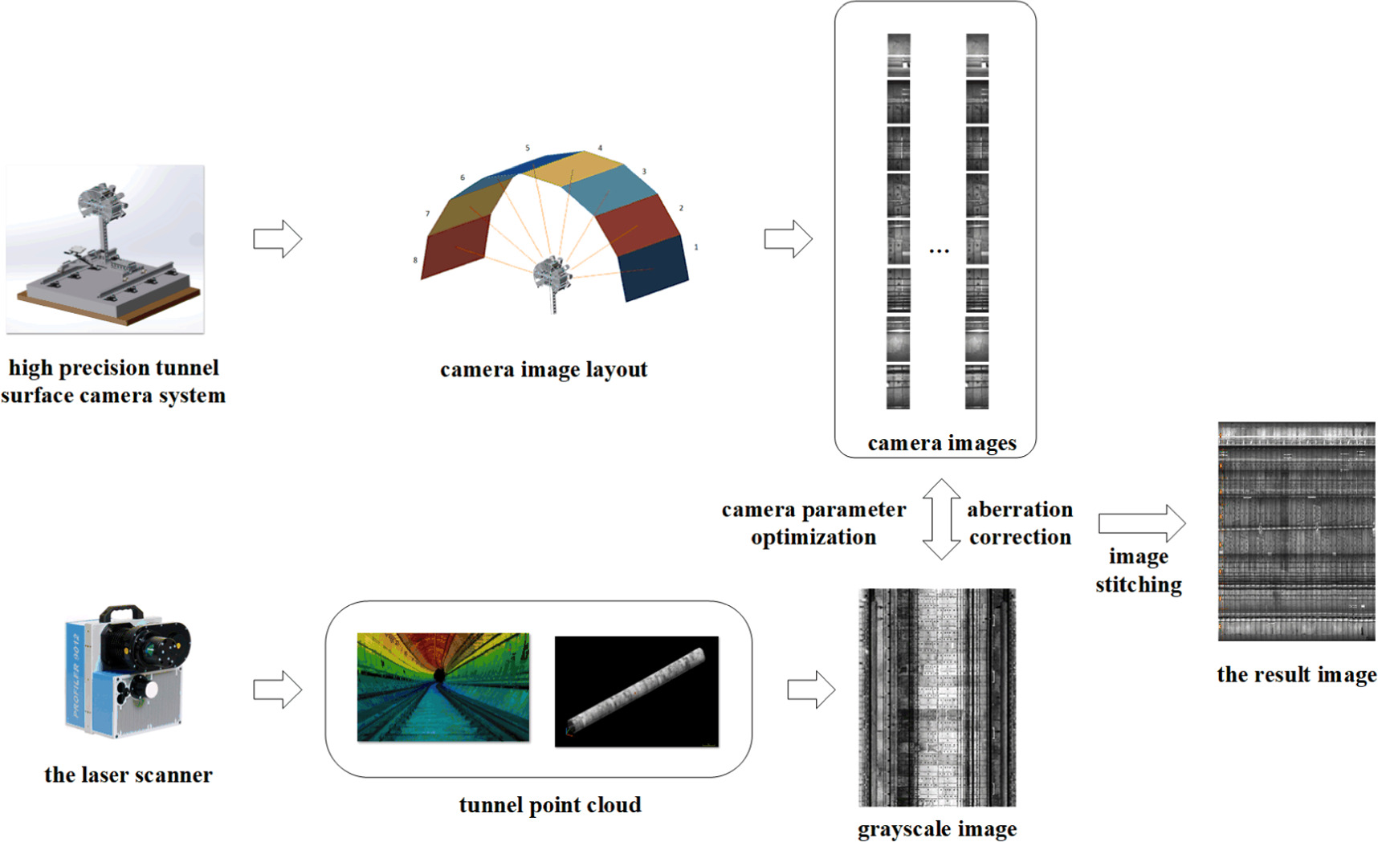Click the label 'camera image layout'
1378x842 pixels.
(543, 369)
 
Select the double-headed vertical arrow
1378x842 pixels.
(940, 519)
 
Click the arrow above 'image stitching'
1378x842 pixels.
(1141, 523)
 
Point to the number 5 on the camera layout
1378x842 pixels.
(528, 148)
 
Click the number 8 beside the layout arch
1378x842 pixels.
(415, 260)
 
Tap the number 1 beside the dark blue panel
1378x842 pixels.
(695, 247)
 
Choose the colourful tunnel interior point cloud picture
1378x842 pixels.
(443, 687)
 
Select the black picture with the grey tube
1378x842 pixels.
(637, 691)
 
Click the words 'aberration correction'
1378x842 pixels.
(1020, 523)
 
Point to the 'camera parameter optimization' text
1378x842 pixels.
(813, 523)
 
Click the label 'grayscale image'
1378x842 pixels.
(936, 829)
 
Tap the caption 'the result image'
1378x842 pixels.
(1296, 674)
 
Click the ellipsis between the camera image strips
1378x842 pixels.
(939, 252)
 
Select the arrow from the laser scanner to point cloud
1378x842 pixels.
(277, 689)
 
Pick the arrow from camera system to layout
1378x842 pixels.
(277, 239)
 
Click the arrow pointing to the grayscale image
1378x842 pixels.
(811, 689)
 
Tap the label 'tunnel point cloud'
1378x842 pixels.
(550, 805)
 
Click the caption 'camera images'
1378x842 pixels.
(941, 443)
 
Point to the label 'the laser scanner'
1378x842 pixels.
(128, 775)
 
